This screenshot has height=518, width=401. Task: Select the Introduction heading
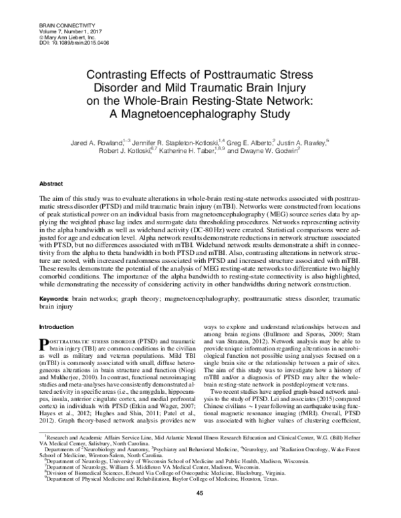point(57,327)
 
